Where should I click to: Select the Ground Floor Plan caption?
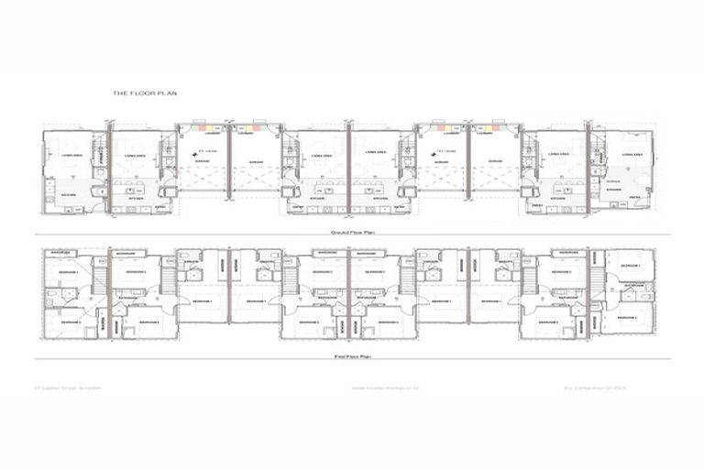coord(351,233)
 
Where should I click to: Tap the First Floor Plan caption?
coord(351,355)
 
